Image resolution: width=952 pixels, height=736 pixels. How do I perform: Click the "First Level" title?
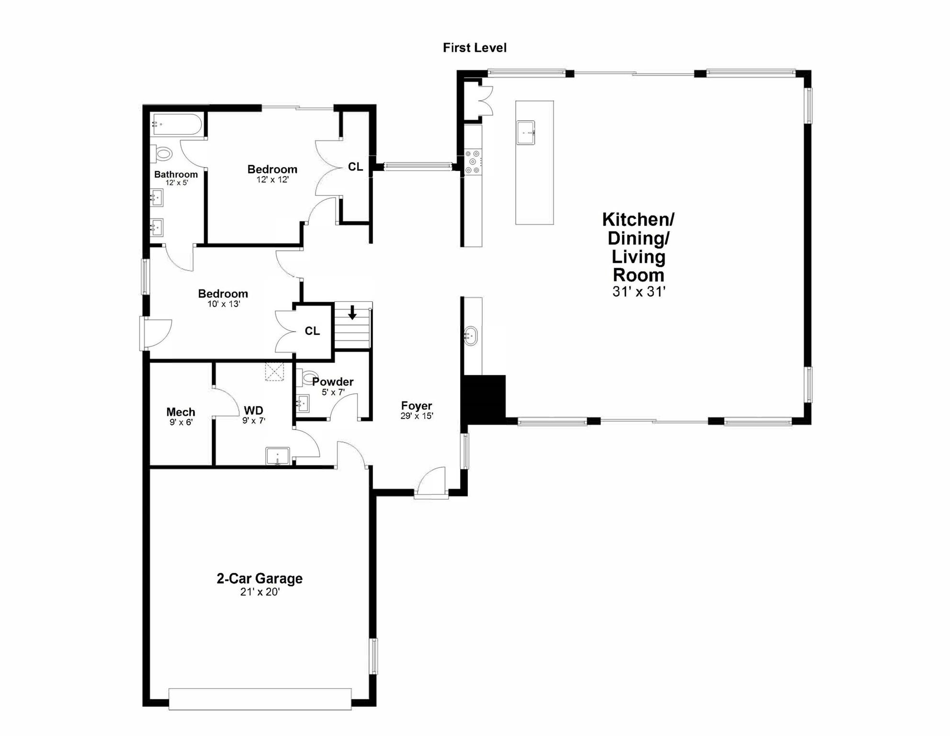coord(475,48)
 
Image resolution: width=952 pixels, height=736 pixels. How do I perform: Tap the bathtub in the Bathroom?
coord(177,124)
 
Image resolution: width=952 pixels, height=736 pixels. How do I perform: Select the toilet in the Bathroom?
coord(162,154)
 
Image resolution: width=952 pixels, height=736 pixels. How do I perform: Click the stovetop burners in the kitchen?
coord(473,162)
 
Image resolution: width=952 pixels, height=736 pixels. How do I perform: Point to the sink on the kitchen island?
coord(525,132)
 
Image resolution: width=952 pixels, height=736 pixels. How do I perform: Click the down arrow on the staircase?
coord(352,312)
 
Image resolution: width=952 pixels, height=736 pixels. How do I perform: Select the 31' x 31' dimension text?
coord(639,291)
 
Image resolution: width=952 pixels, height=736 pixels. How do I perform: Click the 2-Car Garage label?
coord(260,578)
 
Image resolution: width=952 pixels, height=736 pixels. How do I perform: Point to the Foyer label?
coord(417,406)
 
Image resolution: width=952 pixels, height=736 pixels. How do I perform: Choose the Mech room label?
coord(181,412)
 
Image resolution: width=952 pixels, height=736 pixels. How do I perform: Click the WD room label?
coord(253,411)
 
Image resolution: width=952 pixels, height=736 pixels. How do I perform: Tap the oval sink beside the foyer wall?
coord(471,336)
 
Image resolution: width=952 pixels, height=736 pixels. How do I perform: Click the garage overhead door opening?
coord(260,699)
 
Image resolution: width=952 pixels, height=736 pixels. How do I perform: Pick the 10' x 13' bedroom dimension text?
coord(224,304)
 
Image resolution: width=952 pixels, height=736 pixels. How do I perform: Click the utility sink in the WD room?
coord(278,456)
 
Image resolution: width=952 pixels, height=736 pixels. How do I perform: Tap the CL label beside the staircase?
coord(312,331)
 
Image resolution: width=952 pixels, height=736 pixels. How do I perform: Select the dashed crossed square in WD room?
coord(274,372)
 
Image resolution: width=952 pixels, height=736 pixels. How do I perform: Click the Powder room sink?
coord(303,403)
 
